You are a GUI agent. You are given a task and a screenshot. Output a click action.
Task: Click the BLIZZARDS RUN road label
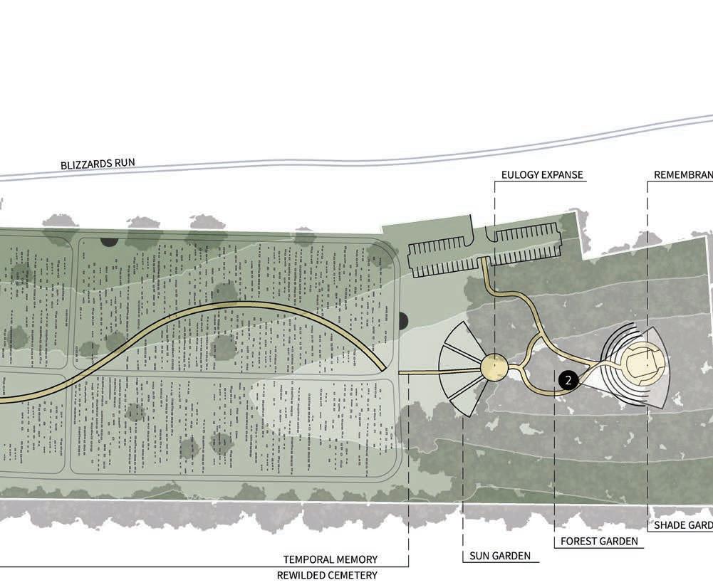(98, 164)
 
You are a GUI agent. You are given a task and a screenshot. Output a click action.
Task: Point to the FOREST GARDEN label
(598, 542)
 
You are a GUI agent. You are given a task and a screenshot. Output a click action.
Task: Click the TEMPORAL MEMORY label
(331, 559)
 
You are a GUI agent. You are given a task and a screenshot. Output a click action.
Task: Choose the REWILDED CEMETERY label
(327, 575)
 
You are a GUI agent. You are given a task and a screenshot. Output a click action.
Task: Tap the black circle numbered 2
(568, 381)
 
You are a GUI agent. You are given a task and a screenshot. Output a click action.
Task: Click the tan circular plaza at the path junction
(493, 367)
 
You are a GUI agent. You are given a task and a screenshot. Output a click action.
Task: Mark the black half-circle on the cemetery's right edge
(403, 322)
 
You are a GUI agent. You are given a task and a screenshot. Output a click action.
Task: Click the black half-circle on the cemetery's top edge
(109, 242)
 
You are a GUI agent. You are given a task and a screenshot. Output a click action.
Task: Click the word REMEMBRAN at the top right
(683, 175)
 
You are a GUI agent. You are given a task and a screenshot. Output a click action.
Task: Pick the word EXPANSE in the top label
(562, 175)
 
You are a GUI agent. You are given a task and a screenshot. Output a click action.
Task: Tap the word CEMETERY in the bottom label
(353, 575)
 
